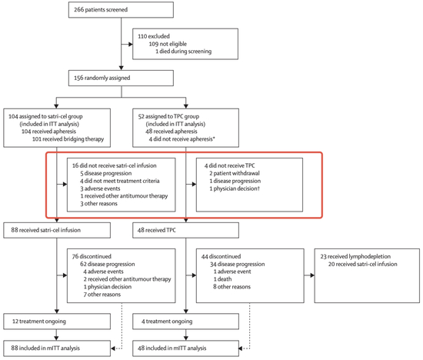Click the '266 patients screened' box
(x=121, y=10)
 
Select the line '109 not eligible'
(x=168, y=44)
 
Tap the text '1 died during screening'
(x=184, y=52)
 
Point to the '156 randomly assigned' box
(x=121, y=78)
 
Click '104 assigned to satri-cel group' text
(x=45, y=116)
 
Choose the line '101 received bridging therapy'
(x=68, y=139)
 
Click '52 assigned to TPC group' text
(x=168, y=116)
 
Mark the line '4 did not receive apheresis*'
(x=182, y=139)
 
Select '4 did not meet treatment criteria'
(x=120, y=181)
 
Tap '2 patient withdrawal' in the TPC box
(x=235, y=173)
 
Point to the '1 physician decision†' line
(x=235, y=188)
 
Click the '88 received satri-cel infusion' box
(x=57, y=230)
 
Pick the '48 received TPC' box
(x=185, y=230)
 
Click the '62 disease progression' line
(x=108, y=264)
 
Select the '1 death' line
(x=222, y=279)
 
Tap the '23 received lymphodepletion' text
(x=355, y=256)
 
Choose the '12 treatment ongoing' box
(x=57, y=322)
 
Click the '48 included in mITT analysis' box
(x=185, y=348)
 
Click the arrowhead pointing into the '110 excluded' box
(x=131, y=44)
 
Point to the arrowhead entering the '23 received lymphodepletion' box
(x=312, y=275)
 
